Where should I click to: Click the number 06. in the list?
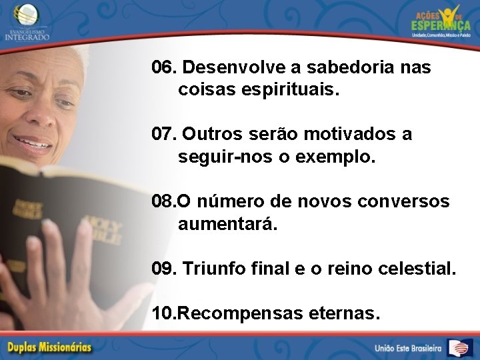tap(164, 68)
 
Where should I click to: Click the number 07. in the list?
tap(164, 135)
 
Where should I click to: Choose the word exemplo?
tap(342, 157)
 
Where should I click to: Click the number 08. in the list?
tap(163, 201)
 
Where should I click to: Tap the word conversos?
tap(407, 201)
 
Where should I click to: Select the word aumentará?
tap(227, 224)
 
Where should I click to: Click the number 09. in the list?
tap(164, 269)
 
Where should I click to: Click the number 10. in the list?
tap(164, 313)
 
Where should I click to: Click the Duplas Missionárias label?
tap(49, 347)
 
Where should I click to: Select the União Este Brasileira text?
tap(408, 348)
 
